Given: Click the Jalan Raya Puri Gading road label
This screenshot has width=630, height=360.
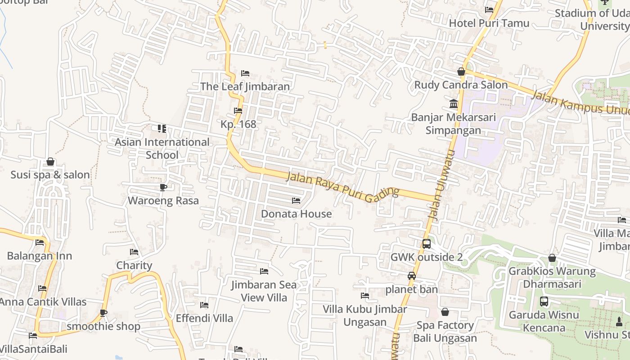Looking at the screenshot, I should [342, 185].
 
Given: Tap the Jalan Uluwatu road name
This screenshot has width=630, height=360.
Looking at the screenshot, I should [443, 185].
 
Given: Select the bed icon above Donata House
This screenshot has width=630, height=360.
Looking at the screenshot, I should [296, 200].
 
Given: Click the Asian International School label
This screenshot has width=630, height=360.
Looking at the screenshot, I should [162, 148].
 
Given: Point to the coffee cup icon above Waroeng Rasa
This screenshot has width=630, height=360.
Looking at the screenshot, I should [163, 187].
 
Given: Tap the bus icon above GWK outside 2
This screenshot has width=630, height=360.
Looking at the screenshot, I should [426, 244].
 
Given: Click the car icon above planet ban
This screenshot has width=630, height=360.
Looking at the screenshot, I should [412, 276].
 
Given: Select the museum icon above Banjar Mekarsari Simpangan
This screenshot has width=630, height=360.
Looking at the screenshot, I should [454, 104].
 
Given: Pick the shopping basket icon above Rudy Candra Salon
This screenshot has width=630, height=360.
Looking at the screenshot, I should [461, 72].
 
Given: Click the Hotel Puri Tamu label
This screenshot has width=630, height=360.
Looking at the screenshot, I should [489, 23].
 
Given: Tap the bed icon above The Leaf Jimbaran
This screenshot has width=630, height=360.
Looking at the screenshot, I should [245, 73].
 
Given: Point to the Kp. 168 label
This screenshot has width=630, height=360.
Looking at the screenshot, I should [238, 124].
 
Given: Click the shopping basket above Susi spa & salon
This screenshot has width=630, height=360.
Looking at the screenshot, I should [50, 162].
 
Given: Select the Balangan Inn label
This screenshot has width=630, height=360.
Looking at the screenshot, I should [40, 256].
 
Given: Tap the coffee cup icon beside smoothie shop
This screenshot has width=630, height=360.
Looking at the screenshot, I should [103, 313].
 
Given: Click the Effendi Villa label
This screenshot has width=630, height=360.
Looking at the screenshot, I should [204, 318].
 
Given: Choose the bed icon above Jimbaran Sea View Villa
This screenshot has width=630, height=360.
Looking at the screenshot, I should [264, 271].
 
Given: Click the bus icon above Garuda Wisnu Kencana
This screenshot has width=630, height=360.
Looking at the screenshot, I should [544, 301].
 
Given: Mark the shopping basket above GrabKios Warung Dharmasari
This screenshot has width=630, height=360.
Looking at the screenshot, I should [552, 258].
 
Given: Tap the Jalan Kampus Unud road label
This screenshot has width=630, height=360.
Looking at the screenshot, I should [580, 103].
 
